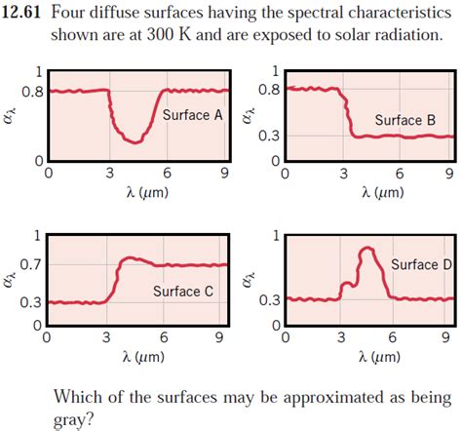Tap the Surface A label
click(x=193, y=115)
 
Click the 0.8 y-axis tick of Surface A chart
click(x=32, y=92)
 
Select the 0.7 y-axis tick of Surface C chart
click(x=31, y=264)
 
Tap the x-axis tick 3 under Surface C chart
click(x=105, y=338)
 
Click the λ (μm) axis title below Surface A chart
click(x=137, y=193)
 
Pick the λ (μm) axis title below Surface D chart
click(x=367, y=358)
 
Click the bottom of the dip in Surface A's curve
click(x=137, y=141)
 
